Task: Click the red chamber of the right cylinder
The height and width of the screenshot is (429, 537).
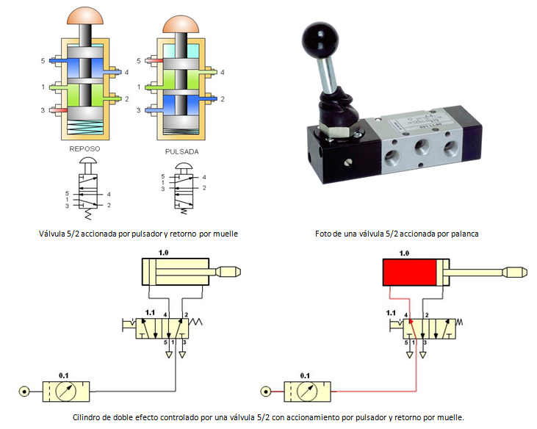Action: [408, 274]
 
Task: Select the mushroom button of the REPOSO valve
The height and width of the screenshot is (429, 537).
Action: [87, 15]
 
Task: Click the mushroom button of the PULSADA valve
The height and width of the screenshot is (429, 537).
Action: [181, 24]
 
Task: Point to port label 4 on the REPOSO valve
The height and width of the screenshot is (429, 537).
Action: [126, 72]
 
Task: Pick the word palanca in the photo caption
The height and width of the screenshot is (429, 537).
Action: [465, 234]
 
